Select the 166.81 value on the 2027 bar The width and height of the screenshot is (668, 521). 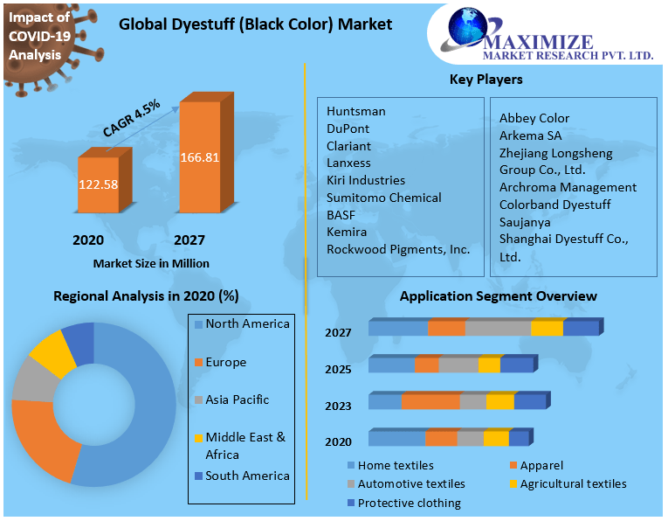click(199, 158)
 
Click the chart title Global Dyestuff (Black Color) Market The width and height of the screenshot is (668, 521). click(255, 24)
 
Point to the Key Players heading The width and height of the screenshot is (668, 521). click(486, 80)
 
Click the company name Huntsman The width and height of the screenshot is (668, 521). click(355, 111)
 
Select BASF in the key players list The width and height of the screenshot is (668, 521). click(341, 214)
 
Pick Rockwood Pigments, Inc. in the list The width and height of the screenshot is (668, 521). click(398, 249)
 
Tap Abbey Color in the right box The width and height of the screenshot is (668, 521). click(534, 118)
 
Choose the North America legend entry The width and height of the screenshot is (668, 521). click(246, 324)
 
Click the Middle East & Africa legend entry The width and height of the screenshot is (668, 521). click(244, 446)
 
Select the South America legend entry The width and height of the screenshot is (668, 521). click(246, 476)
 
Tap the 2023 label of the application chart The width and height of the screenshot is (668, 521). click(338, 406)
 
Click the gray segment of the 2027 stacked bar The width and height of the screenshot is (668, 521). click(498, 328)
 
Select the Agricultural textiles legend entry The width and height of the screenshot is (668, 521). click(572, 483)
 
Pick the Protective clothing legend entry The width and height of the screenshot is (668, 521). click(408, 503)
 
